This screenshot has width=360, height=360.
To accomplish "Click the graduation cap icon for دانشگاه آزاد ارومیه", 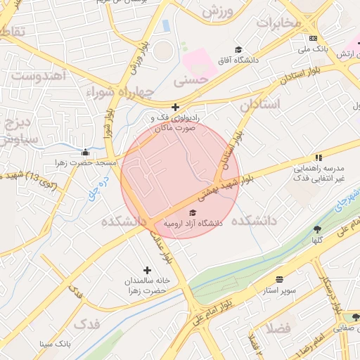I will (193, 212).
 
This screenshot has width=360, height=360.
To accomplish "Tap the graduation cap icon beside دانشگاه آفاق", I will (239, 49).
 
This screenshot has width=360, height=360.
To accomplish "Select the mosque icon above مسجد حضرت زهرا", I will (86, 152).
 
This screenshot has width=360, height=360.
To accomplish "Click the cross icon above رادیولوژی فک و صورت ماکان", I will (176, 108).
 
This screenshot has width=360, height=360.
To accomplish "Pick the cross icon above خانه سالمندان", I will (147, 270).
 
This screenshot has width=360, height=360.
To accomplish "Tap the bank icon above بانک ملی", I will (313, 38).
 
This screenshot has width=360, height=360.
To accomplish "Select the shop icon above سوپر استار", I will (280, 279).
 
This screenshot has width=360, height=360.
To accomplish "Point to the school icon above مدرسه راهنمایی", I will (319, 157).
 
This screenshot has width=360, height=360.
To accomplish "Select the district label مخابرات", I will (278, 22).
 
